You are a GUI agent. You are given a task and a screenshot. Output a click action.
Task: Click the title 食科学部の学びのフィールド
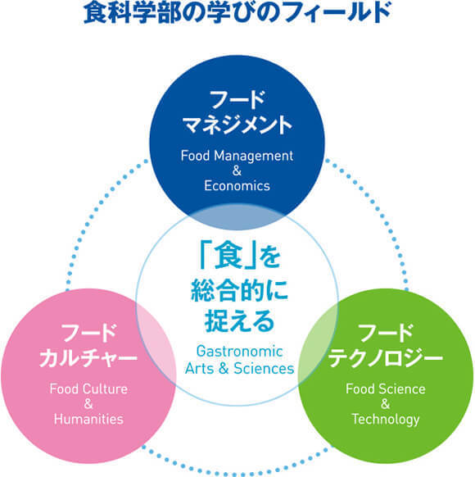237,12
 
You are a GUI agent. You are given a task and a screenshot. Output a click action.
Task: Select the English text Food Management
237,156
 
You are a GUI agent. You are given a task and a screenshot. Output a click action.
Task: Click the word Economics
237,185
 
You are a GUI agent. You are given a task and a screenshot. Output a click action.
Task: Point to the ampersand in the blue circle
237,170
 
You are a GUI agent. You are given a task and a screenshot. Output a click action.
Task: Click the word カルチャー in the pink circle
88,357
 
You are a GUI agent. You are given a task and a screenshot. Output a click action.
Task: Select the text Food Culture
88,388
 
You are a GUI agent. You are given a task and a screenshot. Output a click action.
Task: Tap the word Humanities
88,419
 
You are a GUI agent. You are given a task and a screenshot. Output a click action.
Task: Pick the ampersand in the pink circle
88,404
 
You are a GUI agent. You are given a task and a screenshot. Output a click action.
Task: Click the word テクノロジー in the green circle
386,357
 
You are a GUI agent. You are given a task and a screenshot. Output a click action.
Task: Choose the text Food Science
386,388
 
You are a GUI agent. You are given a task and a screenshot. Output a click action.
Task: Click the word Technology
386,420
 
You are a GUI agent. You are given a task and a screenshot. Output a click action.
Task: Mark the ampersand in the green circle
386,404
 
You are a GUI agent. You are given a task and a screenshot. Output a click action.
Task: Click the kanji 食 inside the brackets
228,255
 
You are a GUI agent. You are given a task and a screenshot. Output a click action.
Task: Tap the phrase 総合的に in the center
239,290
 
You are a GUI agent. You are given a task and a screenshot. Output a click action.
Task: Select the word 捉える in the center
239,321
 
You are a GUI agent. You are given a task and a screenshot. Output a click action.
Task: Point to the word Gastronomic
239,352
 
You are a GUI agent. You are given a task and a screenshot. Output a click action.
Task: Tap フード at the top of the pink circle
88,334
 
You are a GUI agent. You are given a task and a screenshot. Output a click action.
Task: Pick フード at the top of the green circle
386,334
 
